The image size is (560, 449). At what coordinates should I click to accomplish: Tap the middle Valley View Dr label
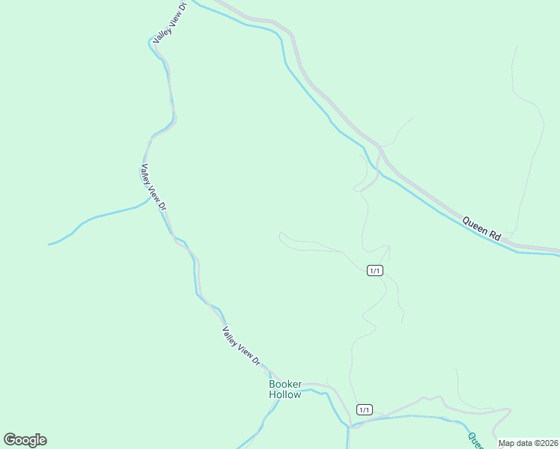pos(151,189)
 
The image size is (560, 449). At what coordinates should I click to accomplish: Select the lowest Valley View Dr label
pos(241,346)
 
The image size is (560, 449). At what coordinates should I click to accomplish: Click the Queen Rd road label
pos(481,227)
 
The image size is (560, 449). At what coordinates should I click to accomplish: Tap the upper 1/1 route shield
pos(375,270)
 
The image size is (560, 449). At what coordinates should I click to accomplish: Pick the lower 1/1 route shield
pos(364,409)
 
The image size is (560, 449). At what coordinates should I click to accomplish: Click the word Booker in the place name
pos(285,385)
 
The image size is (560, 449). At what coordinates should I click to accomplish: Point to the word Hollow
pos(285,394)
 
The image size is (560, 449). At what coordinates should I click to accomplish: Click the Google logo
pos(25,440)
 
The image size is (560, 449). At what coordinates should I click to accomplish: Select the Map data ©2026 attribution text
pos(528,443)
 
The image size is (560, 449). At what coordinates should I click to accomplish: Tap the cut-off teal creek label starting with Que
pos(475,439)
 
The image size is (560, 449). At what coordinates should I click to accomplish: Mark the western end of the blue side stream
pos(49,244)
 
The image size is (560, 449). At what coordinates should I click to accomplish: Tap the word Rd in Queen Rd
pos(493,234)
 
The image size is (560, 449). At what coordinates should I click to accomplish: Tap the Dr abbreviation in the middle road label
pos(159,206)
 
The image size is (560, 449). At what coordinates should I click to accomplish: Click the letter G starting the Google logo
pos(10,439)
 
